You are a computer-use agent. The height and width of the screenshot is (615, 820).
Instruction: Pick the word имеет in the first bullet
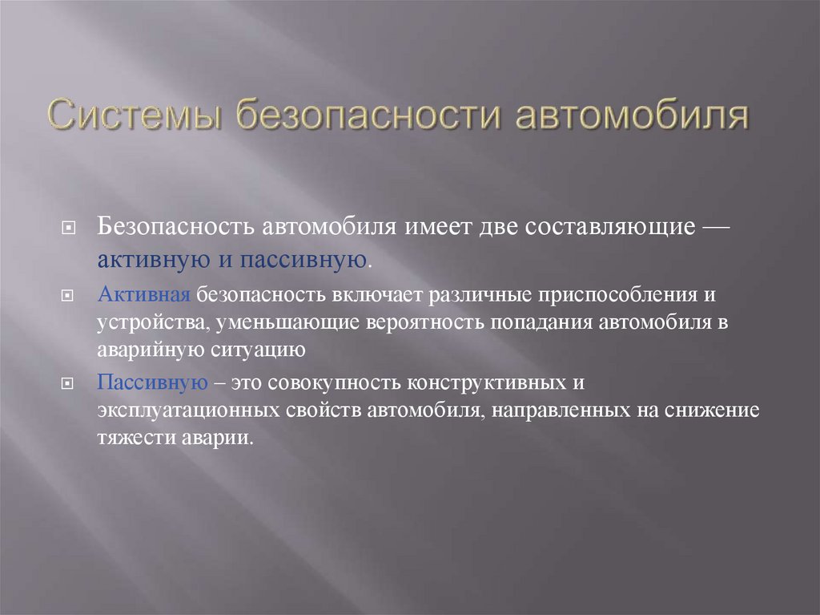pos(439,226)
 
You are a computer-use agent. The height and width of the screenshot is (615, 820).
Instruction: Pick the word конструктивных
pos(492,382)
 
